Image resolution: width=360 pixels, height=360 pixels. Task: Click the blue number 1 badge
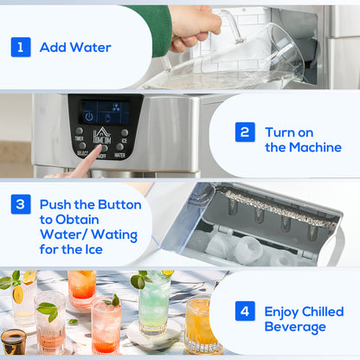(x=21, y=47)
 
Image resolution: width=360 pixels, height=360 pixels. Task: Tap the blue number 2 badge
(x=246, y=132)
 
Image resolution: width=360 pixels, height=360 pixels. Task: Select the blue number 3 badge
(x=21, y=205)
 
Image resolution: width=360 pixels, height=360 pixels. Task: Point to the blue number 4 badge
(x=246, y=312)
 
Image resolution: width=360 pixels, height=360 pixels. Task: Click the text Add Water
(x=74, y=48)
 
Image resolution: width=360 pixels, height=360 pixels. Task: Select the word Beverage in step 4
(x=294, y=328)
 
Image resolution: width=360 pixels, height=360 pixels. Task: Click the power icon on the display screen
(x=88, y=116)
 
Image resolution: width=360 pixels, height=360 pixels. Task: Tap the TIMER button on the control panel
(x=80, y=132)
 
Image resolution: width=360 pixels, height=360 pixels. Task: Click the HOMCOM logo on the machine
(x=101, y=136)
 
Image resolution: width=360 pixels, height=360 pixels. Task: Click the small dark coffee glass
(x=13, y=340)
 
